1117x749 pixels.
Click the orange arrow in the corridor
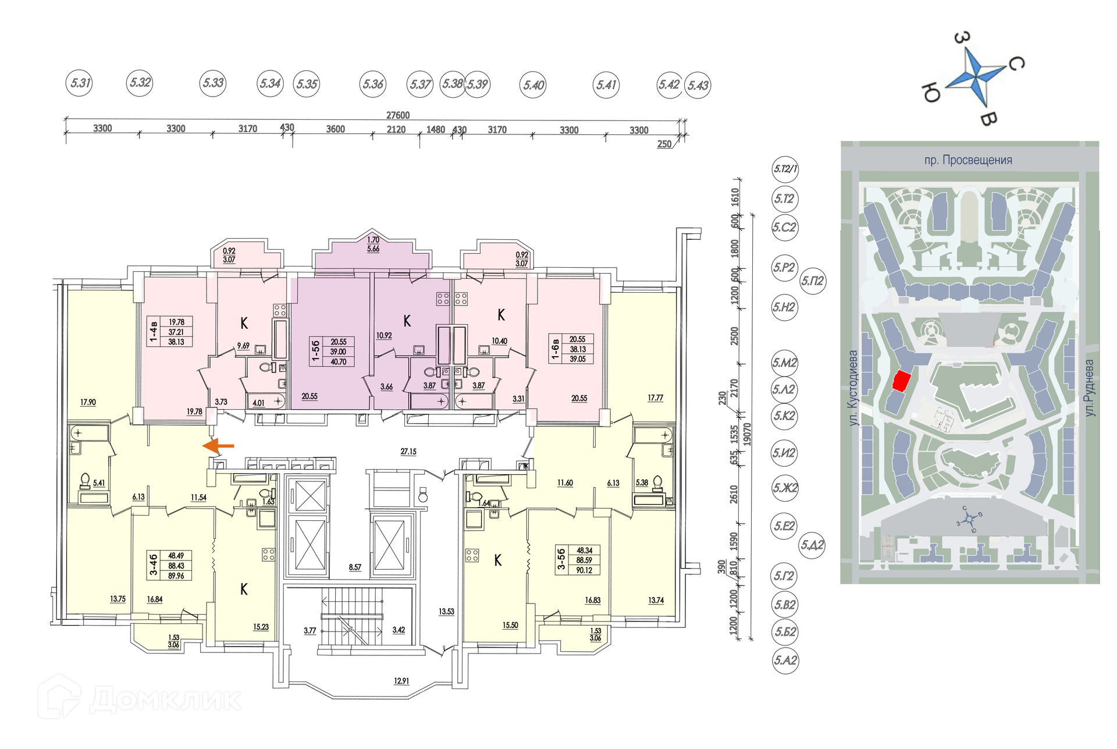tap(218, 446)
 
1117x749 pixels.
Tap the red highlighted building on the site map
tap(901, 381)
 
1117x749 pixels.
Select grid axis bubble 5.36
tap(373, 84)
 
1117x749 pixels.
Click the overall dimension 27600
tap(398, 115)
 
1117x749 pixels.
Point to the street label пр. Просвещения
tap(968, 160)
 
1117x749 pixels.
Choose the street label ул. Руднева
tap(1089, 388)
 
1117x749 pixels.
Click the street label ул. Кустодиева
tap(853, 388)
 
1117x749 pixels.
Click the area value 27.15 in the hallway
tap(408, 452)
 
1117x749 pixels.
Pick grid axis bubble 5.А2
tap(785, 661)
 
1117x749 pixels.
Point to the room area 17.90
tap(88, 402)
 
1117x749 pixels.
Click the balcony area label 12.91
tap(401, 681)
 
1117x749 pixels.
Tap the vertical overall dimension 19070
tap(748, 434)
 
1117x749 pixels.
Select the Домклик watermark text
tap(166, 699)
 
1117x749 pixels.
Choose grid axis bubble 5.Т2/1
tap(785, 169)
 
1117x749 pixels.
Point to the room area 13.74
tap(656, 600)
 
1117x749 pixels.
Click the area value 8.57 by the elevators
tap(355, 567)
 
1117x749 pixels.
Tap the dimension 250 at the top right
tap(664, 144)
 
